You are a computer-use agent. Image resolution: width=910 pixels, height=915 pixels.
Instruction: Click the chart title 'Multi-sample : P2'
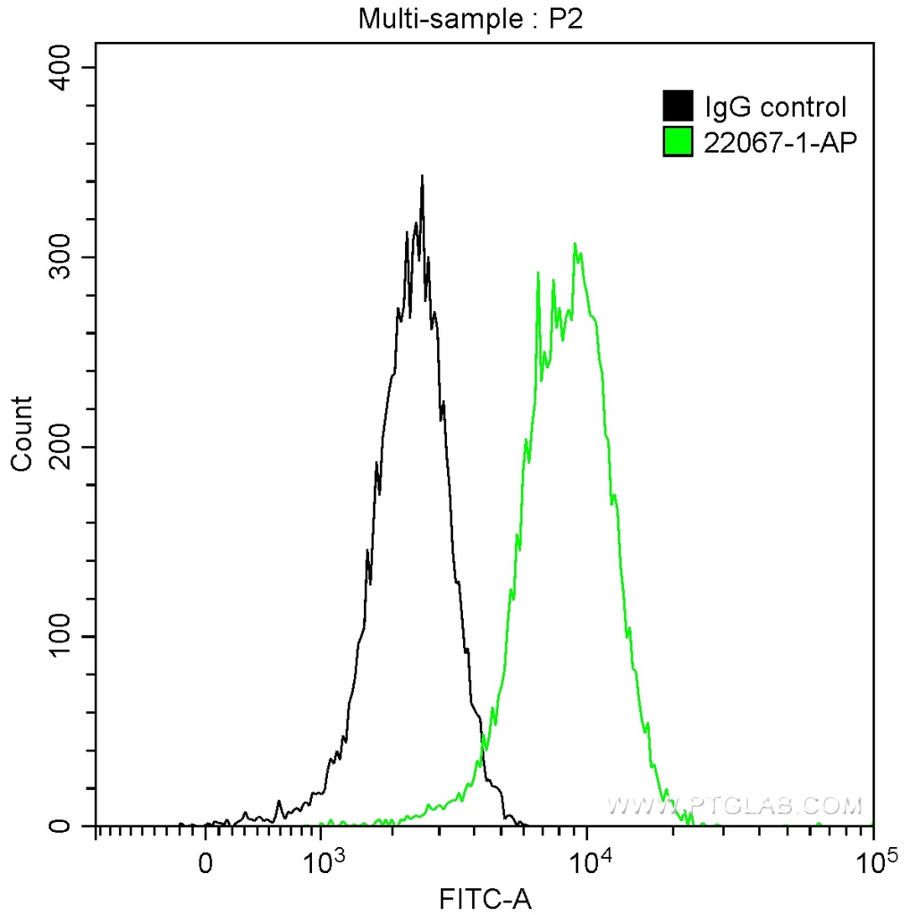click(470, 18)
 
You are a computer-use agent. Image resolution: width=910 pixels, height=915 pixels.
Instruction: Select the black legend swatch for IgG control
click(678, 106)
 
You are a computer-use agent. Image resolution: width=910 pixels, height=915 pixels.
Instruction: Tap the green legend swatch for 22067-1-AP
click(678, 140)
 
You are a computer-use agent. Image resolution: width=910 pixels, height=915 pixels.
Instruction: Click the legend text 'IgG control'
click(775, 107)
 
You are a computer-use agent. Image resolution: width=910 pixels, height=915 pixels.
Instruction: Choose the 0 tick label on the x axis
click(206, 865)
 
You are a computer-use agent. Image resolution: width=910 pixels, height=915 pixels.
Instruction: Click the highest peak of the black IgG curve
click(422, 177)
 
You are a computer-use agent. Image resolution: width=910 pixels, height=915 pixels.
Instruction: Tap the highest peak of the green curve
click(575, 244)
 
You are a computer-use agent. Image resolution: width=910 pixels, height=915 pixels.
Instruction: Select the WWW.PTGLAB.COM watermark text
click(735, 806)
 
